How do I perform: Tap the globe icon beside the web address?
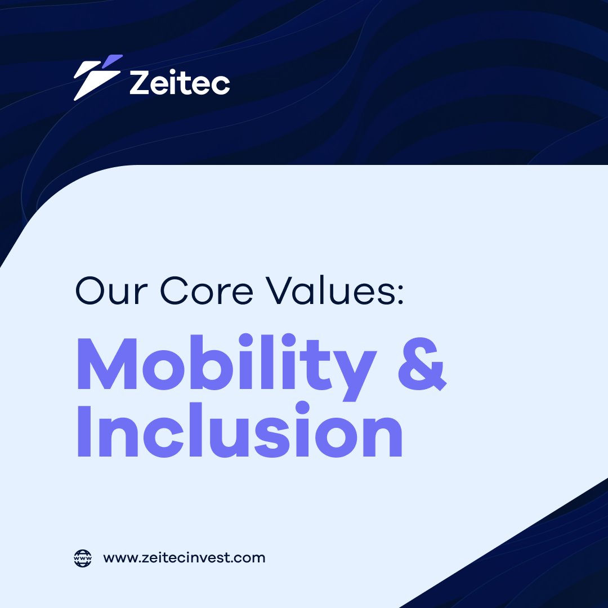click(83, 558)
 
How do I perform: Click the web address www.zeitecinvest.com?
click(184, 558)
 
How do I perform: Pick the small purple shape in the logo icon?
click(114, 60)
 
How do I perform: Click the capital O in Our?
click(91, 292)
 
